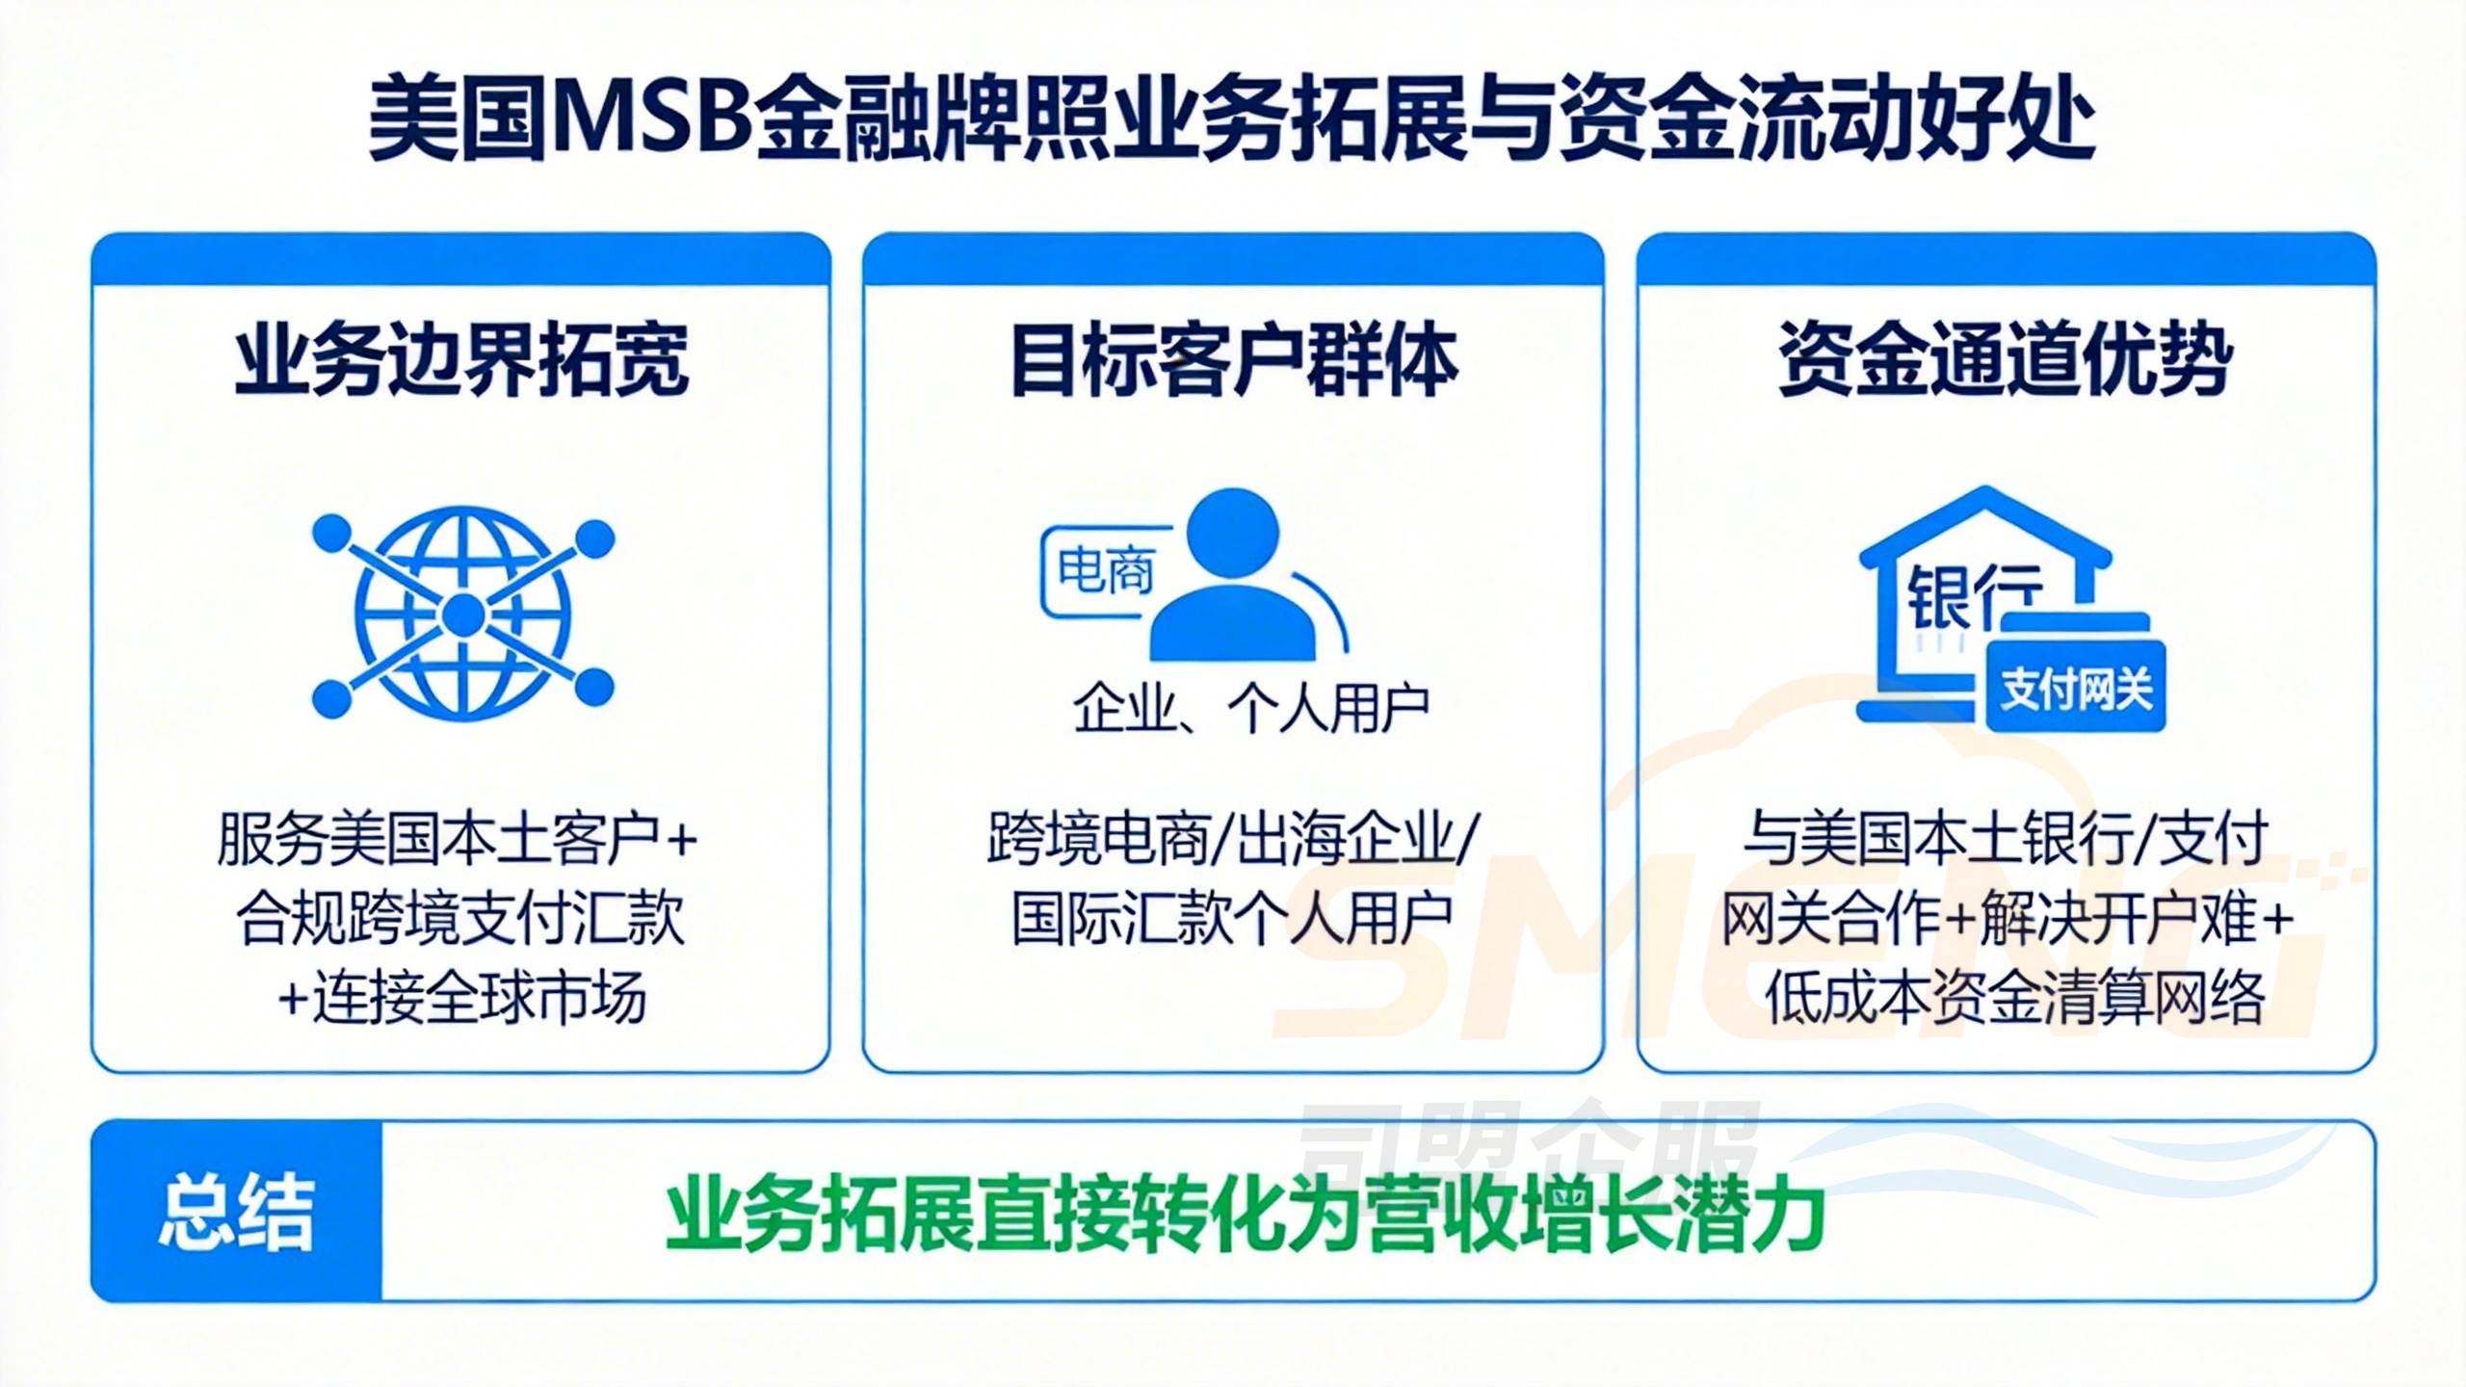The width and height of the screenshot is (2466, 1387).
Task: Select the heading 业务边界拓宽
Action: pos(461,360)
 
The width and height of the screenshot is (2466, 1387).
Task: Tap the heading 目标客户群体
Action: pos(1233,360)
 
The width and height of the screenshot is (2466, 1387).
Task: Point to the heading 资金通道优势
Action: pos(2006,360)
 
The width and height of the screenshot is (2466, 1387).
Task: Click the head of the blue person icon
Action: pos(1232,534)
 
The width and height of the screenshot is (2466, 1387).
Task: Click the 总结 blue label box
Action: pos(237,1211)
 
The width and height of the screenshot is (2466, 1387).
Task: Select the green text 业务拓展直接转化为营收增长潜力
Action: pos(1245,1217)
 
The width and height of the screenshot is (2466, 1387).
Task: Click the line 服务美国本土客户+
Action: pos(458,839)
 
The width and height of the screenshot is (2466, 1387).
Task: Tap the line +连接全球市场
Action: pos(461,999)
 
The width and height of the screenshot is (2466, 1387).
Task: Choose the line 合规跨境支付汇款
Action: pos(460,919)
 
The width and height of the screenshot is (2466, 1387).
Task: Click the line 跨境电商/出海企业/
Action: pos(1232,839)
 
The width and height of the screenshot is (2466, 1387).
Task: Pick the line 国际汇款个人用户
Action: pos(1232,919)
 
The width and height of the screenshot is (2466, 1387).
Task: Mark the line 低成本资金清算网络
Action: pos(2014,999)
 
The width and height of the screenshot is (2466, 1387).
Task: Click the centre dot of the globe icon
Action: pos(463,615)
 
